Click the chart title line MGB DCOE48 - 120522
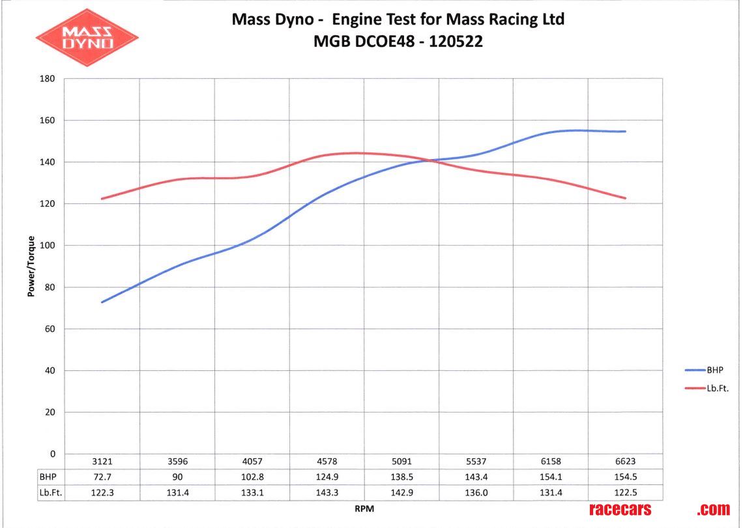(x=398, y=42)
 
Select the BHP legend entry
(x=716, y=370)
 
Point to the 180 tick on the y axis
(x=49, y=79)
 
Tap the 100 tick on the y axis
(x=49, y=246)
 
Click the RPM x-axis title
(x=364, y=510)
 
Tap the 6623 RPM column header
(x=625, y=462)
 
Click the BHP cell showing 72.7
(x=102, y=477)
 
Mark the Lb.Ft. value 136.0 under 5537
(x=476, y=493)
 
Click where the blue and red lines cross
(x=431, y=160)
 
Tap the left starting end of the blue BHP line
(x=102, y=302)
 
